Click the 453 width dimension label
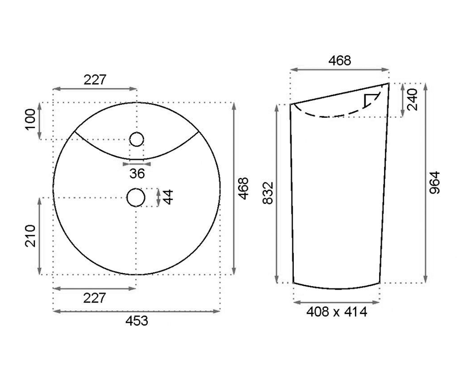click(137, 321)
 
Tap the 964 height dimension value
click(435, 183)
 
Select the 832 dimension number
click(268, 193)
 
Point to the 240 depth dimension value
click(412, 100)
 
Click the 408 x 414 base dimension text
click(337, 312)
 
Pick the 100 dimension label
click(30, 119)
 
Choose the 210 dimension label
click(30, 236)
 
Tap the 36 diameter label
click(137, 173)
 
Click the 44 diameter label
click(168, 197)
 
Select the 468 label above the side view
click(339, 61)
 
